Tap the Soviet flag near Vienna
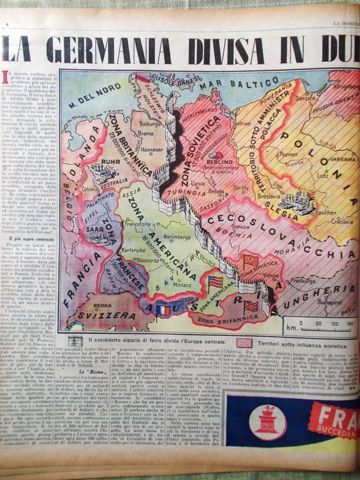point(251,260)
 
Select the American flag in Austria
point(216,281)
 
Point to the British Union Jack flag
point(251,306)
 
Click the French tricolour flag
point(163,310)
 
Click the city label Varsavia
point(343,159)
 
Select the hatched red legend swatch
point(244,342)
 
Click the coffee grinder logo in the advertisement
point(267,423)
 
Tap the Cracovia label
point(342,221)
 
